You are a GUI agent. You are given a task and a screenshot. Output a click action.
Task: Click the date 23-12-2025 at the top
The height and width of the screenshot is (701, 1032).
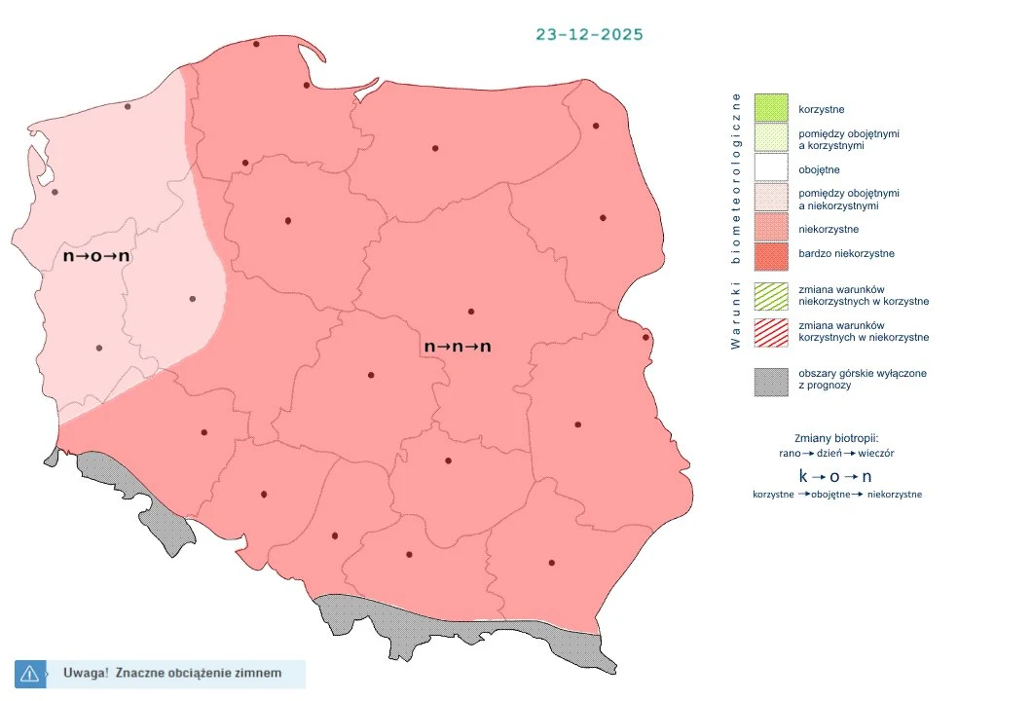[x=589, y=34]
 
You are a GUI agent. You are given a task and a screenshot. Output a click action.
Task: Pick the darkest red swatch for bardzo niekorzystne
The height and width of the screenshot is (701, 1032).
[x=770, y=254]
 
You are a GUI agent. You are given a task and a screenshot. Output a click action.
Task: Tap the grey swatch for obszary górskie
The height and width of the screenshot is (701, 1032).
[x=770, y=380]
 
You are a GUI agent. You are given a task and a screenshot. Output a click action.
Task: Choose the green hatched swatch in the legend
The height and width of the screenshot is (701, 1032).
[x=770, y=295]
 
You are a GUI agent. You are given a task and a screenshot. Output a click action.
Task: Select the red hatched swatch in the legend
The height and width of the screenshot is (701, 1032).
[x=770, y=331]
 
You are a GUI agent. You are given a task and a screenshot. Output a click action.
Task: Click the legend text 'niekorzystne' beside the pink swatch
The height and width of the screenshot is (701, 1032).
[x=828, y=229]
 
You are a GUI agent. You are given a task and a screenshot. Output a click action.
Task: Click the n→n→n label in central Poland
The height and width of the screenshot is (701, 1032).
[x=458, y=347]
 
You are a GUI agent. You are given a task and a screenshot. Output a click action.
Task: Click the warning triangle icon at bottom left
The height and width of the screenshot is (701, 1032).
[x=29, y=673]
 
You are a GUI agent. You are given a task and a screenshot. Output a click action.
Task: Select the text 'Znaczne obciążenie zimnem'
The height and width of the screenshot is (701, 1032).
[x=198, y=673]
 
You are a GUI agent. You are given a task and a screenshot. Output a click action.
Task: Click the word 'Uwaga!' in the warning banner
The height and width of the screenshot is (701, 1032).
[x=86, y=673]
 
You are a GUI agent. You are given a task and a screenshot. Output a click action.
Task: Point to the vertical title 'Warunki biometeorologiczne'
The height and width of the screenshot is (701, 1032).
[x=737, y=221]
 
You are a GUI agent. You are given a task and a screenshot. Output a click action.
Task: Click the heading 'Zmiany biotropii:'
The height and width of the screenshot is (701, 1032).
[x=836, y=437]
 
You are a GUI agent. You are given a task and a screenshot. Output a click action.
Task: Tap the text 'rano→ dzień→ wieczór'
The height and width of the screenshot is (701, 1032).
[x=836, y=453]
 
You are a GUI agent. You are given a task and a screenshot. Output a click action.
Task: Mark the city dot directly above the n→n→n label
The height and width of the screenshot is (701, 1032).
[x=471, y=312]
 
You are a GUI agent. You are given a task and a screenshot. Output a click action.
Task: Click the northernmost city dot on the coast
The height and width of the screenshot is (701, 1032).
[x=256, y=44]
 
